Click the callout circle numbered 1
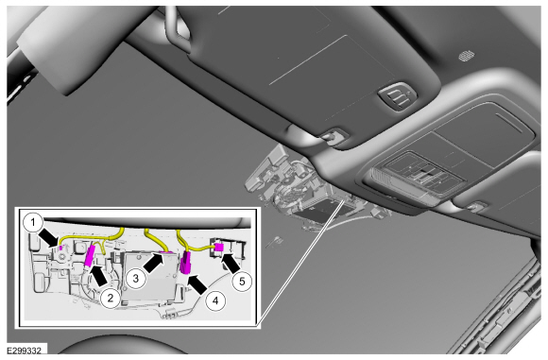pos(33,223)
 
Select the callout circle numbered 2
pos(111,298)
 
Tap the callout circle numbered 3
pos(136,278)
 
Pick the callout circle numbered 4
pos(215,300)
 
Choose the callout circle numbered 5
pos(242,281)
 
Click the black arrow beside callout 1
pos(49,237)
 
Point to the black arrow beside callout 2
pos(99,275)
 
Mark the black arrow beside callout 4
pos(197,284)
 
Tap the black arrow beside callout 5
pos(231,264)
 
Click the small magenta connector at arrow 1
pos(60,248)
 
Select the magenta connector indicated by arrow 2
pos(90,256)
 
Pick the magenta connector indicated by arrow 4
pos(185,263)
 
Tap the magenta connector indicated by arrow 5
pos(219,248)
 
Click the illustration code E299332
pos(25,351)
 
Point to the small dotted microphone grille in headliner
pos(466,55)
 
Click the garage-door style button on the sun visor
pos(398,95)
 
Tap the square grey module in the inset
pos(148,275)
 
